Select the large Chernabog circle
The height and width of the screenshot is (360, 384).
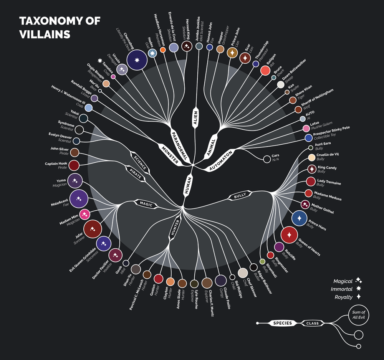(137, 61)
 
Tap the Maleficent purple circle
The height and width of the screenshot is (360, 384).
(79, 199)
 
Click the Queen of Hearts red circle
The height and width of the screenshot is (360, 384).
(290, 234)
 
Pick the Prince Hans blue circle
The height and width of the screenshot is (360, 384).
(300, 218)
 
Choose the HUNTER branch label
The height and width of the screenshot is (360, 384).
(174, 229)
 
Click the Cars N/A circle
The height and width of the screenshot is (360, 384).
(266, 159)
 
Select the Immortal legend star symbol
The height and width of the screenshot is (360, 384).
(359, 289)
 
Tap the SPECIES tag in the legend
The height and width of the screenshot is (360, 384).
(283, 323)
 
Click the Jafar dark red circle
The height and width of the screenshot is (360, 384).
(92, 229)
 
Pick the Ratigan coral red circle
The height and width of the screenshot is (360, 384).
(265, 70)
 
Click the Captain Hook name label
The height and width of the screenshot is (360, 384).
(56, 164)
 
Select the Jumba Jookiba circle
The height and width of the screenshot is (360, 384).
(199, 46)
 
